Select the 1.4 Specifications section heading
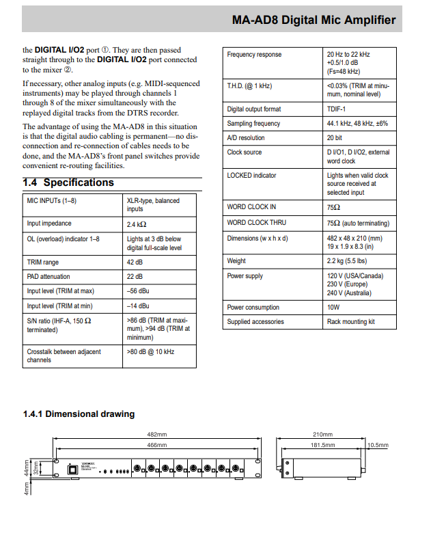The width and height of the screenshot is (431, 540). (69, 183)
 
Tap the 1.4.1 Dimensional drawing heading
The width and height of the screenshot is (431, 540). (79, 414)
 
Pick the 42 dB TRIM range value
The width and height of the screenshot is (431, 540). (135, 262)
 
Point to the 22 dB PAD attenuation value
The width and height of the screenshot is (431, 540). (135, 276)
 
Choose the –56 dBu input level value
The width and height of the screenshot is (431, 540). (138, 291)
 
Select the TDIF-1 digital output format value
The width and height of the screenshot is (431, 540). (337, 109)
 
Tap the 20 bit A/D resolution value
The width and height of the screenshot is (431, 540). (335, 137)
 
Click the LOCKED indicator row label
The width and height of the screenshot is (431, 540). (251, 176)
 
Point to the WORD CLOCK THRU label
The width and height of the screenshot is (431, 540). (257, 223)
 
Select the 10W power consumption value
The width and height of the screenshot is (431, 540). (333, 308)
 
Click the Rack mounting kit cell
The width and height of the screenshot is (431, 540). (351, 322)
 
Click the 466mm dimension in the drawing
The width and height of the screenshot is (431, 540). (157, 445)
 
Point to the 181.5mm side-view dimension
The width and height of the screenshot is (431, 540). (322, 445)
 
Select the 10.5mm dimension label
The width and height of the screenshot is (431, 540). (377, 445)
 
